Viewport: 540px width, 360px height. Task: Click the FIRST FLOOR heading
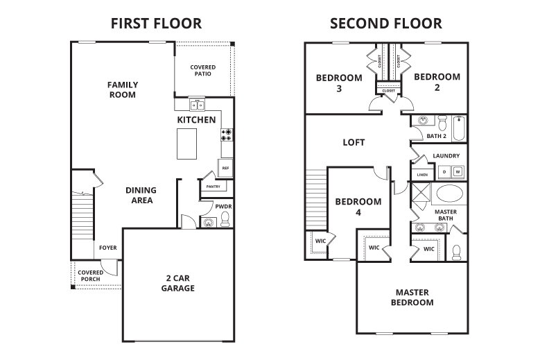[156, 24]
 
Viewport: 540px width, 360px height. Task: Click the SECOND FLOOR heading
[386, 24]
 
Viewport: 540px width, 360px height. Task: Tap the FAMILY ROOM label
[123, 89]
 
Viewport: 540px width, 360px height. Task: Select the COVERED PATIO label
[203, 71]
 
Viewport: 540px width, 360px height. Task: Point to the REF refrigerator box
[225, 167]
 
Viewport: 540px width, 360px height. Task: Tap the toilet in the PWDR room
[225, 220]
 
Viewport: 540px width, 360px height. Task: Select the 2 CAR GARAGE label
[178, 283]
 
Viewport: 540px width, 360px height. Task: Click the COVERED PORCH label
[90, 275]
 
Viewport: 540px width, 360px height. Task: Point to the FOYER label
[107, 248]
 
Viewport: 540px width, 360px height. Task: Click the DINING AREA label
[140, 195]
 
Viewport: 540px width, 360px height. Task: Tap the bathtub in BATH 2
[458, 128]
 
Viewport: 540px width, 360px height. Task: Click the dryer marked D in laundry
[444, 171]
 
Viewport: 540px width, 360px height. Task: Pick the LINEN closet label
[421, 174]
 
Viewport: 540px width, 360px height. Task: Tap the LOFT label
[354, 142]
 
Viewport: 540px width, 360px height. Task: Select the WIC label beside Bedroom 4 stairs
[320, 241]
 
